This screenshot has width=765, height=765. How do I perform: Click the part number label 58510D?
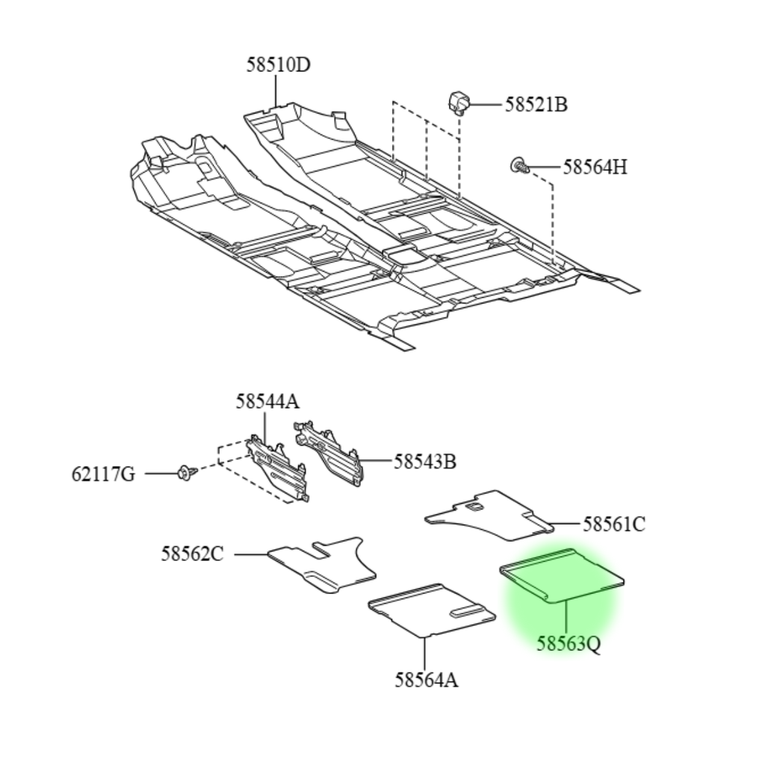click(x=278, y=65)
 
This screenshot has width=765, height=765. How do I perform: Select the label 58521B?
click(x=536, y=105)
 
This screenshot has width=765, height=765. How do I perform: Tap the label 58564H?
click(x=595, y=167)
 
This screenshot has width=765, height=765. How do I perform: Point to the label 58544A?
click(x=267, y=402)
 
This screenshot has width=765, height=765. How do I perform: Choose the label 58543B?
click(x=425, y=462)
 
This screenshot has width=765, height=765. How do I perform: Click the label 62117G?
click(x=103, y=474)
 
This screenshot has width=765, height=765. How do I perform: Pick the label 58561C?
click(x=614, y=524)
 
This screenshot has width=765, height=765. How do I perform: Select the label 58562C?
click(x=192, y=554)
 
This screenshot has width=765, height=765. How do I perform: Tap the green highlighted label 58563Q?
click(x=569, y=644)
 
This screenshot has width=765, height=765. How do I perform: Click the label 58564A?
click(x=426, y=680)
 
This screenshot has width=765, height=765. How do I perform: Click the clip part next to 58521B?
click(x=459, y=102)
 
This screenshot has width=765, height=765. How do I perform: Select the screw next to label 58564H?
click(x=520, y=166)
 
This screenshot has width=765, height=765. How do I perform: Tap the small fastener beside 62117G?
click(x=187, y=473)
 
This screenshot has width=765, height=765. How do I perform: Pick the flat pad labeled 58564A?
click(x=431, y=610)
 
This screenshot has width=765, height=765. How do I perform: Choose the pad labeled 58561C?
click(x=489, y=515)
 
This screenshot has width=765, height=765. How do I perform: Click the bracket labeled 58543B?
click(x=329, y=453)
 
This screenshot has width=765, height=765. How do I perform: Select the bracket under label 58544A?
click(x=278, y=468)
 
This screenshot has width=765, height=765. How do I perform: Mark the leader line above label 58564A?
click(x=424, y=654)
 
